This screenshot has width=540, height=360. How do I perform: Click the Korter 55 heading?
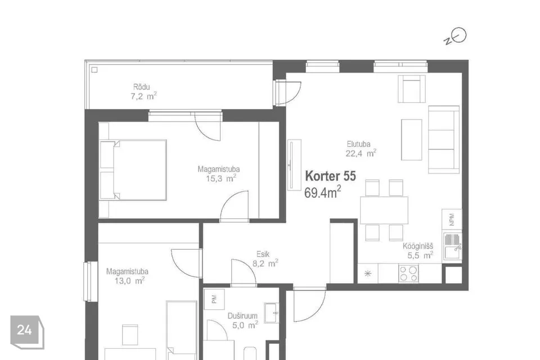point(330,176)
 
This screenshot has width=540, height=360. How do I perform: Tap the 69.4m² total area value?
point(323,192)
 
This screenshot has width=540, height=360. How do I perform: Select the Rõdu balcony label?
point(142,87)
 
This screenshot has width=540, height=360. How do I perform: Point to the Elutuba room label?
point(358,144)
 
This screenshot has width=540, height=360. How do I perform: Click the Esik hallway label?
point(263,254)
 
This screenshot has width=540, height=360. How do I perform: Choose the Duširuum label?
point(242,316)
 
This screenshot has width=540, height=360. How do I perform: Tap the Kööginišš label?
point(418,246)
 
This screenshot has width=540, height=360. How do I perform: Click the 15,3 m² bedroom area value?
point(220,178)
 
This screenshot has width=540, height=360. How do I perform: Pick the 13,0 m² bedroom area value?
point(129,281)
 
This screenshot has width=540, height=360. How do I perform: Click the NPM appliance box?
point(452,219)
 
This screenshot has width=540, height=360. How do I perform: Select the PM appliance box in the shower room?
point(214,299)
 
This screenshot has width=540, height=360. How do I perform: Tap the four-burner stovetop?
point(409,273)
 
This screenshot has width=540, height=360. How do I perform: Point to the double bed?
point(133,170)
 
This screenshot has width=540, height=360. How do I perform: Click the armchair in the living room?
point(412,89)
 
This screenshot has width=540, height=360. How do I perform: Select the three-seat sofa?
point(444,139)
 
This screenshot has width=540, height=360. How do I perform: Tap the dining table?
point(384,210)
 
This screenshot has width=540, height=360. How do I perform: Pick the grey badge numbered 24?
point(27,332)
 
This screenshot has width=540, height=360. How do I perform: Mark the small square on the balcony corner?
point(94,70)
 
